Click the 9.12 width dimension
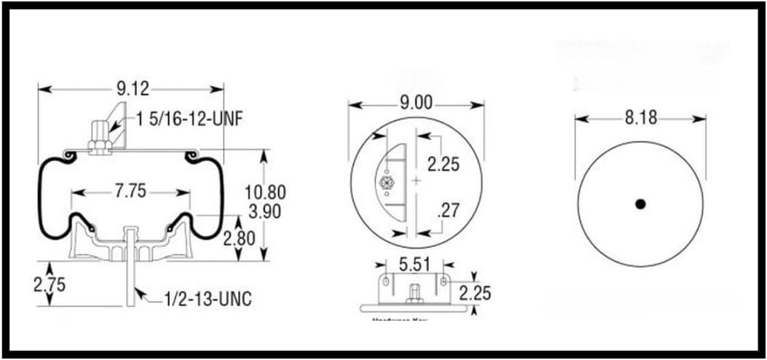click(132, 89)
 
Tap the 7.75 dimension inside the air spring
click(131, 192)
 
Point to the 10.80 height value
click(266, 192)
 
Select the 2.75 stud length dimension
click(50, 283)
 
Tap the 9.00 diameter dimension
click(416, 103)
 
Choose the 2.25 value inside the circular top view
click(444, 164)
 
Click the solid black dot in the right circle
click(640, 205)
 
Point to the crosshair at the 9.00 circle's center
click(416, 181)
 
